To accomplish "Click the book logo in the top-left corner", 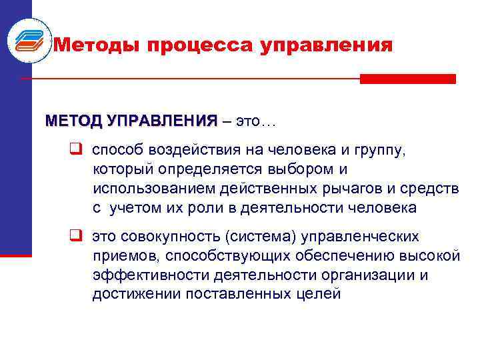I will click(x=28, y=38).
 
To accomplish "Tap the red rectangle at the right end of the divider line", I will click(x=407, y=79).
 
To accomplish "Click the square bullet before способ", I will click(x=76, y=150).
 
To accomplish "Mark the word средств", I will click(x=432, y=189).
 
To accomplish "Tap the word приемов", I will click(x=126, y=256).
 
